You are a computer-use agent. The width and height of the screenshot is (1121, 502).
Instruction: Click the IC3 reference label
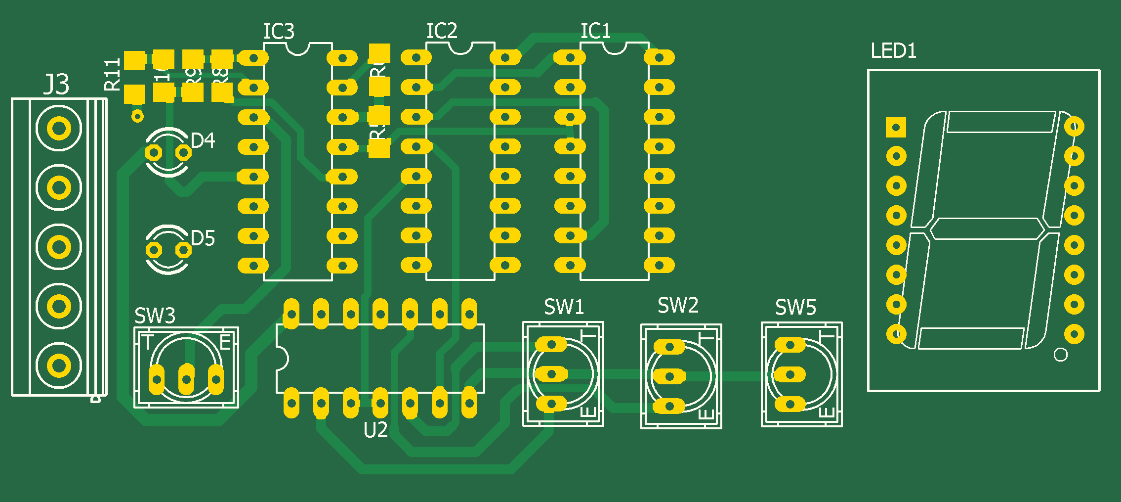pyautogui.click(x=279, y=32)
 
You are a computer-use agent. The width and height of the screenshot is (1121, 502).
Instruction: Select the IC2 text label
pyautogui.click(x=442, y=31)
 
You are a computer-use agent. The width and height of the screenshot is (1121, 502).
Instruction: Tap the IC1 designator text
pyautogui.click(x=595, y=31)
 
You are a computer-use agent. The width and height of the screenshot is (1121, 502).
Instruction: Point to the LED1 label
pyautogui.click(x=893, y=51)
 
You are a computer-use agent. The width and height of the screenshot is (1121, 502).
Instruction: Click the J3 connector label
pyautogui.click(x=56, y=84)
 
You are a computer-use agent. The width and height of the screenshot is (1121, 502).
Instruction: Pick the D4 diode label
pyautogui.click(x=203, y=141)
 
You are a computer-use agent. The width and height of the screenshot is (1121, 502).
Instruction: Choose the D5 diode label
pyautogui.click(x=203, y=238)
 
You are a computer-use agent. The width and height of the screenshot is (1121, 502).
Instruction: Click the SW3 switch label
pyautogui.click(x=155, y=316)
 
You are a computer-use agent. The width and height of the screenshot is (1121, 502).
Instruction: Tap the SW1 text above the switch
pyautogui.click(x=564, y=307)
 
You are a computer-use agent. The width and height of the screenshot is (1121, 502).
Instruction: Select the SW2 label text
pyautogui.click(x=678, y=306)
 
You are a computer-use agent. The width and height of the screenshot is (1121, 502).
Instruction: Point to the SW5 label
pyautogui.click(x=795, y=308)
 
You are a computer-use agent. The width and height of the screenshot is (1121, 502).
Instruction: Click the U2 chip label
pyautogui.click(x=375, y=431)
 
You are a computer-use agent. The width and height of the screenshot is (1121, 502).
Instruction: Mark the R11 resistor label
pyautogui.click(x=113, y=75)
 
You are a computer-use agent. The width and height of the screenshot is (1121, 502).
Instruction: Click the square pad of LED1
pyautogui.click(x=896, y=127)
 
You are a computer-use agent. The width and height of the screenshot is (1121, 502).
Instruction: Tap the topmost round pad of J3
pyautogui.click(x=59, y=129)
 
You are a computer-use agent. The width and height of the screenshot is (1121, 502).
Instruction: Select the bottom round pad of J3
pyautogui.click(x=59, y=366)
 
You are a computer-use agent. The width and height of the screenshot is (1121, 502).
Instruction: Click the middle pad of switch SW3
pyautogui.click(x=186, y=379)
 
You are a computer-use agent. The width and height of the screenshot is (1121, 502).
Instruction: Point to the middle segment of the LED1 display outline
pyautogui.click(x=987, y=228)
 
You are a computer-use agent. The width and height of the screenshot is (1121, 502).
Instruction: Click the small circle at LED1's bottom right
pyautogui.click(x=1060, y=355)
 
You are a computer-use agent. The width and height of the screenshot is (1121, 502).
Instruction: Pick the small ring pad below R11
pyautogui.click(x=137, y=116)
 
